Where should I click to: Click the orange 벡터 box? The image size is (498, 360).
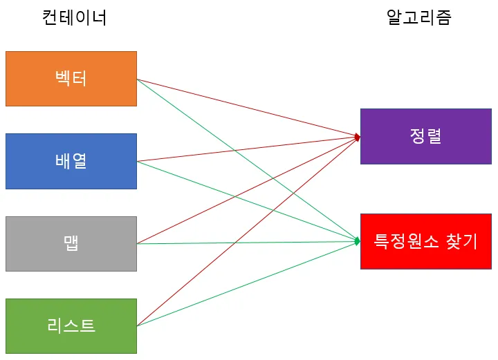pos(71,79)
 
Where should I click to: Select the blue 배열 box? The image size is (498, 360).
pos(71,161)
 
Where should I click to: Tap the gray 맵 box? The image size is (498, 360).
pos(71,243)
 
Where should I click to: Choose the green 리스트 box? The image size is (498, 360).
pos(71,325)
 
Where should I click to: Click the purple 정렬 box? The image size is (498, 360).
pos(425,136)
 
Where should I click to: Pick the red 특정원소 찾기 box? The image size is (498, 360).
pos(425,241)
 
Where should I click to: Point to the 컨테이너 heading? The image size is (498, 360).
pos(75,18)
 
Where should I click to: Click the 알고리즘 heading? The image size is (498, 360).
pos(418,18)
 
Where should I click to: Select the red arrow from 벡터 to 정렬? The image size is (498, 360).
pos(207,97)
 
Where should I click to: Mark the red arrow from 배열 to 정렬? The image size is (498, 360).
pos(207,153)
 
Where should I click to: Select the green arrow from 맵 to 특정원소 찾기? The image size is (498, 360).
pos(207,243)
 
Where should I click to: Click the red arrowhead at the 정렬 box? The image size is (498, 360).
pos(357,137)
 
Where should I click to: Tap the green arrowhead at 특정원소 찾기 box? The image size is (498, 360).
pos(357,241)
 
